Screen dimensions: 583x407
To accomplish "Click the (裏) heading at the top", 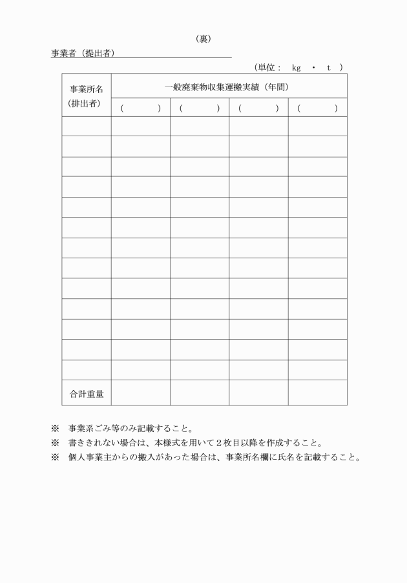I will coord(203,39).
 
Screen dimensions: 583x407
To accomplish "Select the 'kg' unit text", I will coord(297,67).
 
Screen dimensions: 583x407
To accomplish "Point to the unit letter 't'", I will coord(329,67).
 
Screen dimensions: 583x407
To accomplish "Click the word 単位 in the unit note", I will coord(269,67).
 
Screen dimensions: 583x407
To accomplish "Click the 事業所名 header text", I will coord(87,89).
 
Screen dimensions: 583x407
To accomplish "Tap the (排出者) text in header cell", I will coord(87,103).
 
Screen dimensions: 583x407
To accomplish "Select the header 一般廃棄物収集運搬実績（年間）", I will coord(226,87).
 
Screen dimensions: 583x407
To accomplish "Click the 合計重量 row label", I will coord(87,393).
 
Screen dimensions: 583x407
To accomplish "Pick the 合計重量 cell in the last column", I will coord(317,393).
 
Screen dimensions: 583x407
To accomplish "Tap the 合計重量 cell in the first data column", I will coord(140,393).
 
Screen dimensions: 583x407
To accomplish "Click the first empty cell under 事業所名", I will coord(87,127).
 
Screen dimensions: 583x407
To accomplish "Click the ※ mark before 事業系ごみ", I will coord(55,428).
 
